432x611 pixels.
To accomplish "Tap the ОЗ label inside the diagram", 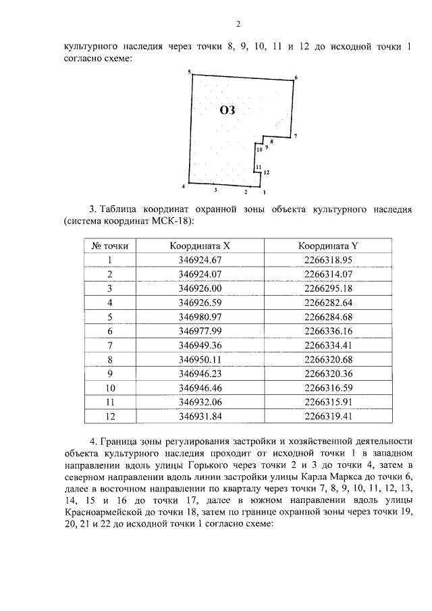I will click(x=228, y=111).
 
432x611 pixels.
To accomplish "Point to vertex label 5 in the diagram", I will click(x=190, y=72).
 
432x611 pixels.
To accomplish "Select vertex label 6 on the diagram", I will click(x=294, y=78).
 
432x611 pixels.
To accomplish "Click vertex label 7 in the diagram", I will click(x=294, y=136).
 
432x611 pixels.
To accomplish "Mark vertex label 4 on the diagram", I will click(x=184, y=185).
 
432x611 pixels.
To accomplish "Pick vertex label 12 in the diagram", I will click(x=266, y=173).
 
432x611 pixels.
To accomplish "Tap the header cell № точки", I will click(x=109, y=246).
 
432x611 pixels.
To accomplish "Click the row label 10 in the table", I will click(x=109, y=389).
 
